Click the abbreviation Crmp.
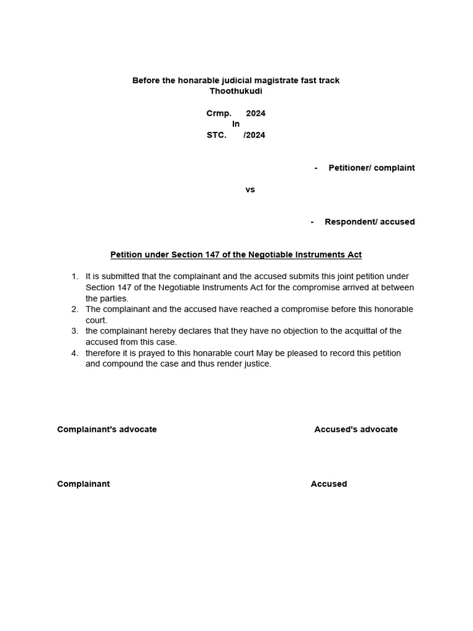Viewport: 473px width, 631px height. tap(219, 113)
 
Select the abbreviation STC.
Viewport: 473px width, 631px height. tap(217, 135)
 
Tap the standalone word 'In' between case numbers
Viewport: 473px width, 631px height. tap(236, 124)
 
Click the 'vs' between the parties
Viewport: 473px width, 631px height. tap(250, 190)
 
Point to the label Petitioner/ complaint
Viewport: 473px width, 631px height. tap(371, 168)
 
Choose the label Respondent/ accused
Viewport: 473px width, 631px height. tap(370, 222)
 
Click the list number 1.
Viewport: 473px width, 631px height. tap(75, 277)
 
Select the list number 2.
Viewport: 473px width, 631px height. tap(75, 309)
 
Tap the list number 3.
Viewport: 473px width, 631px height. tap(75, 331)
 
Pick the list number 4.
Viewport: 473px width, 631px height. tap(75, 353)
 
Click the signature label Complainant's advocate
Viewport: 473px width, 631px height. tap(107, 429)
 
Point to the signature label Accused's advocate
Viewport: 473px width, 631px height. tap(356, 429)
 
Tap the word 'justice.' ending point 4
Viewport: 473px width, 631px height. tap(257, 364)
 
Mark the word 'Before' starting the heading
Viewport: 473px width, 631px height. tap(146, 81)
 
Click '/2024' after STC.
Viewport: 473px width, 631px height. tap(254, 135)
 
